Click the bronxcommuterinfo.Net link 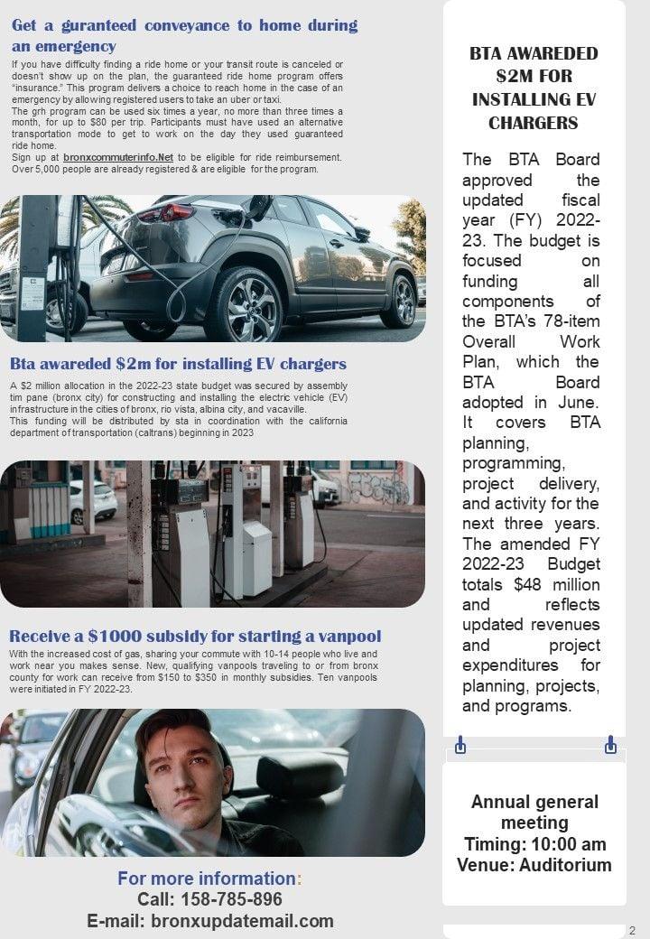[118, 156]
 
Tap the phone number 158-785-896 [209, 899]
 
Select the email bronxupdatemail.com [209, 921]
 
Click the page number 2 [632, 930]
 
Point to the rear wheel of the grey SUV [242, 304]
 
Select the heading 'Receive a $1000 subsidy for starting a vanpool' [195, 636]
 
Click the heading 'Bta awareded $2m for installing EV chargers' [178, 364]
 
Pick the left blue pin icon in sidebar [460, 745]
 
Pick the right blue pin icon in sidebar [610, 745]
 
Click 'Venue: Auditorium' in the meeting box [534, 865]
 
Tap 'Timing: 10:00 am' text [534, 844]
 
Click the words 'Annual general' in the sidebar [534, 802]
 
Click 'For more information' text [207, 879]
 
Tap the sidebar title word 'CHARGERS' [534, 123]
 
